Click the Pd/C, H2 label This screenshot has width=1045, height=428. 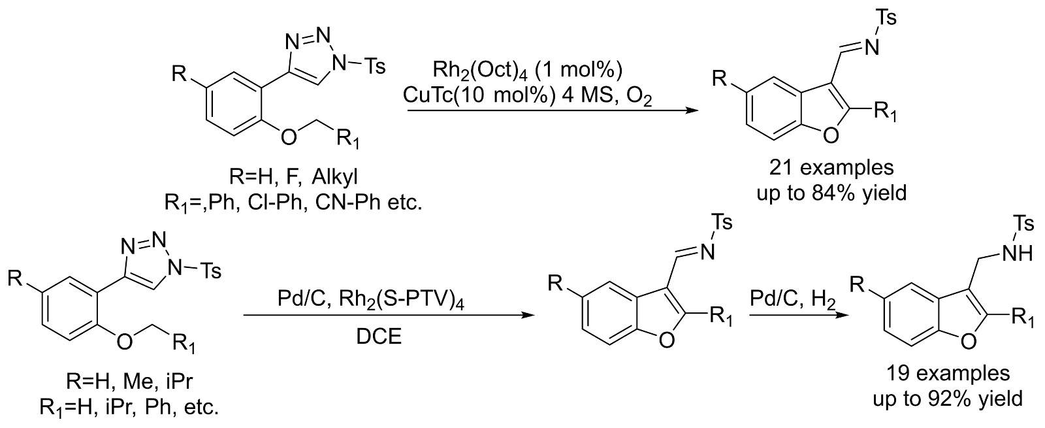point(792,299)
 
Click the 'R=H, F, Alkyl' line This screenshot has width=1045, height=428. point(277,178)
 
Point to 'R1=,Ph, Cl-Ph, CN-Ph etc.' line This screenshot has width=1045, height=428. point(293,203)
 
